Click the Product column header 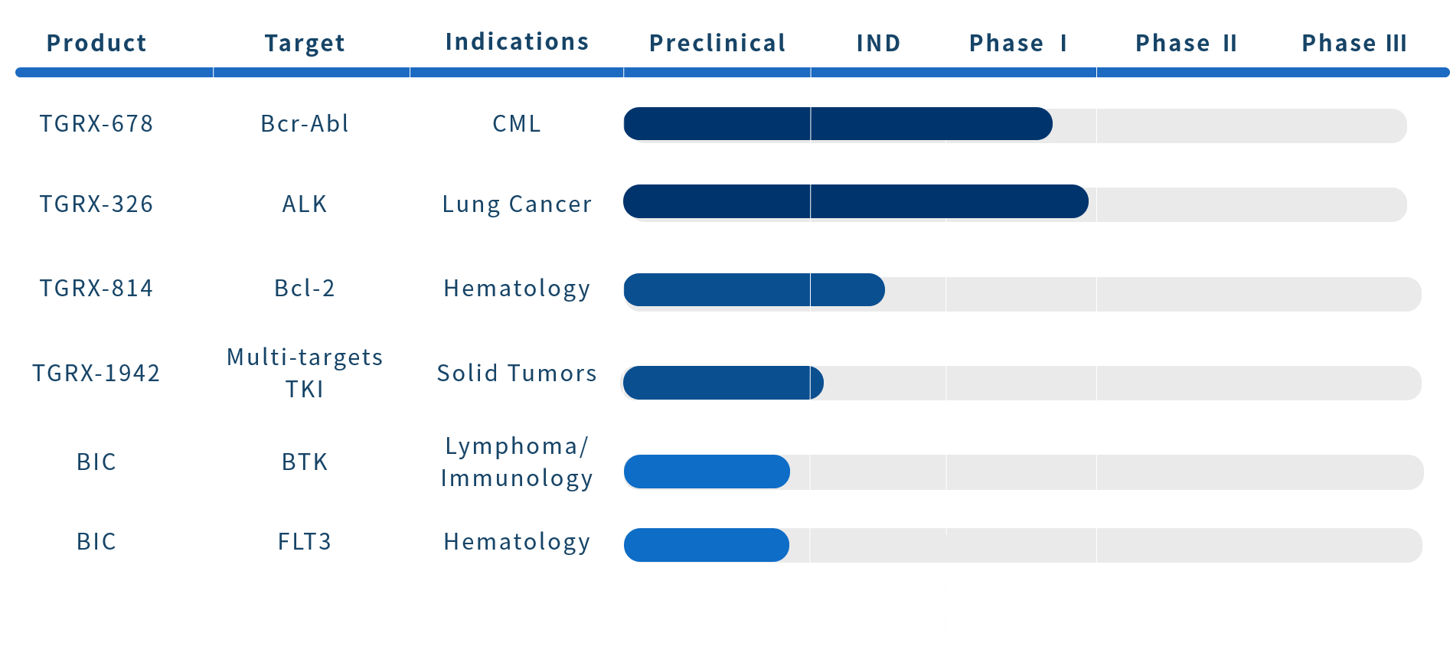[96, 43]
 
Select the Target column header [305, 44]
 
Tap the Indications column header [518, 41]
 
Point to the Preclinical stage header [717, 43]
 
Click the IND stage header [878, 43]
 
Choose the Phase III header [1354, 43]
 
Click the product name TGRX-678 [96, 123]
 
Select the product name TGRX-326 [96, 204]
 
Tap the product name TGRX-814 [96, 288]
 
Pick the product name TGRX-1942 [96, 373]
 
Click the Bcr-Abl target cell [305, 123]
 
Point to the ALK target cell [305, 204]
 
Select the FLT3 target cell [305, 541]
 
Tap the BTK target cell [305, 462]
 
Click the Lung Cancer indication [518, 204]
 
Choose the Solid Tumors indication [518, 373]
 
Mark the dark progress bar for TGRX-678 [838, 124]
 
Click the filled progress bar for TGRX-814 [754, 290]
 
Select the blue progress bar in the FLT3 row [707, 545]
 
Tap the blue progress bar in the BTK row [707, 472]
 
